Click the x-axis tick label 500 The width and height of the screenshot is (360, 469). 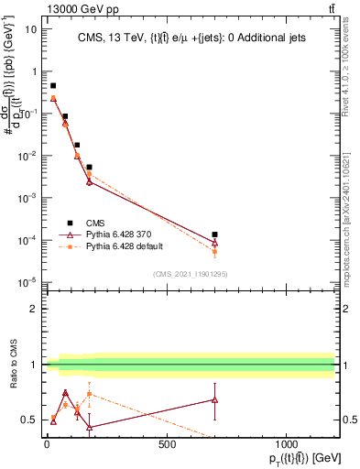167,444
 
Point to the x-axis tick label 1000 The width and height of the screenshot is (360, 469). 287,444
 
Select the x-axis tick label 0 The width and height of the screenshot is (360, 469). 47,444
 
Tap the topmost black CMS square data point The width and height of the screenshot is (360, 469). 53,85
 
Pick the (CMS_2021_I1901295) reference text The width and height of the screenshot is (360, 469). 190,274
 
